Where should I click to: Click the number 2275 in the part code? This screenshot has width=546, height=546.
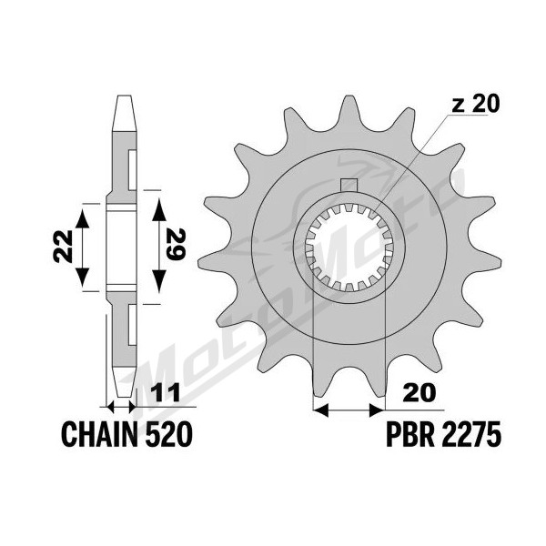(471, 434)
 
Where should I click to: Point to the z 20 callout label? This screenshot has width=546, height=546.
(475, 104)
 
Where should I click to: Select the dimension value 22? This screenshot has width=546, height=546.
(63, 246)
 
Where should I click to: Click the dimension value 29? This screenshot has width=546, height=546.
(175, 245)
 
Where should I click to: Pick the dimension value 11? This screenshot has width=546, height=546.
(166, 393)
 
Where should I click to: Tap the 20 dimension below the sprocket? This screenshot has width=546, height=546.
(420, 393)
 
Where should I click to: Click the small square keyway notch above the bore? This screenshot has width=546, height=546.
(349, 185)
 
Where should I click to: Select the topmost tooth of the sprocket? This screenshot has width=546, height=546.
(349, 112)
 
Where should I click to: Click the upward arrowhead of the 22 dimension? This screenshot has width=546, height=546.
(83, 218)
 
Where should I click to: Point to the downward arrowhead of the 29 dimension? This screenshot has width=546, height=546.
(159, 282)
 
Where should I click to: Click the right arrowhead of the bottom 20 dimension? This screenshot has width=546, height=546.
(377, 410)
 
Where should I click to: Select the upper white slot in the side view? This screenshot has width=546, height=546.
(133, 170)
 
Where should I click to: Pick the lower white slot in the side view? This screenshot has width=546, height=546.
(133, 325)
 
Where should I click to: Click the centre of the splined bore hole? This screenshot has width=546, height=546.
(349, 248)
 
